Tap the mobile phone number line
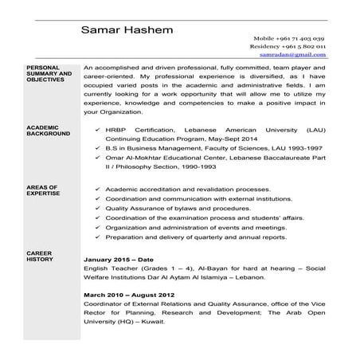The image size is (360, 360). (x=288, y=38)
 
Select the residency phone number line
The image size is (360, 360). (x=287, y=47)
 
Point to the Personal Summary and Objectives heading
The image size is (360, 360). (x=48, y=74)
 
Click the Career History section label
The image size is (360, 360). (x=39, y=255)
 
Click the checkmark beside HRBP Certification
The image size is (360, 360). (x=96, y=128)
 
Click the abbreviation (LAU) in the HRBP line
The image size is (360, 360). (x=314, y=128)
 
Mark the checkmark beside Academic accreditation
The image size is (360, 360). (x=96, y=190)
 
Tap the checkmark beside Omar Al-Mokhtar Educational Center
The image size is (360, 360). (x=96, y=157)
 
